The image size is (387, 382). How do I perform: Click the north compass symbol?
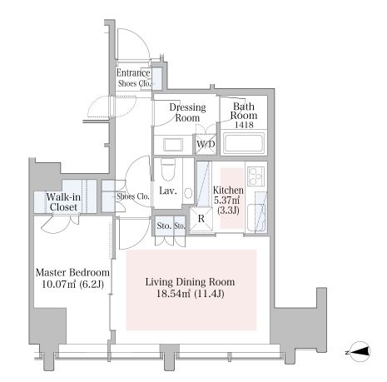coord(360,352)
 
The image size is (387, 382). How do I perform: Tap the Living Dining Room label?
coord(190,282)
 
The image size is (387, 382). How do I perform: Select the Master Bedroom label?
coord(72,272)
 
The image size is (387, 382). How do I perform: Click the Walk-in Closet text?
coord(63,202)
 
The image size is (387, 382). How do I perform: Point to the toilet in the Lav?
coord(168,169)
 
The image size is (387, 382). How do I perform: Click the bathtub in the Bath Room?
coord(244,143)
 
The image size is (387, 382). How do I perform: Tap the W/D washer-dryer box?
coord(206,144)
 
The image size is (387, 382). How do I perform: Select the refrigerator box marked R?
coord(201,219)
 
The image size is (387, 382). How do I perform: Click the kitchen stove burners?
coord(256,176)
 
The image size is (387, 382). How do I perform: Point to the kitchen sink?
coord(256,218)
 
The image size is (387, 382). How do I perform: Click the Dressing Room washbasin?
coord(173,145)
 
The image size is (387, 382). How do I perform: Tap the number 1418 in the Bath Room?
coord(244,125)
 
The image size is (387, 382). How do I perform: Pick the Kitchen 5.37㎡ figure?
coord(227,200)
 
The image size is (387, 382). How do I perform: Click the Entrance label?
coord(133,73)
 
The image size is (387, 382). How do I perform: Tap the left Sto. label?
coord(164,226)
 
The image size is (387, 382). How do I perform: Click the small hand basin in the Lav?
coord(188,193)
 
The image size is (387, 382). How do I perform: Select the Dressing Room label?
coord(188,112)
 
